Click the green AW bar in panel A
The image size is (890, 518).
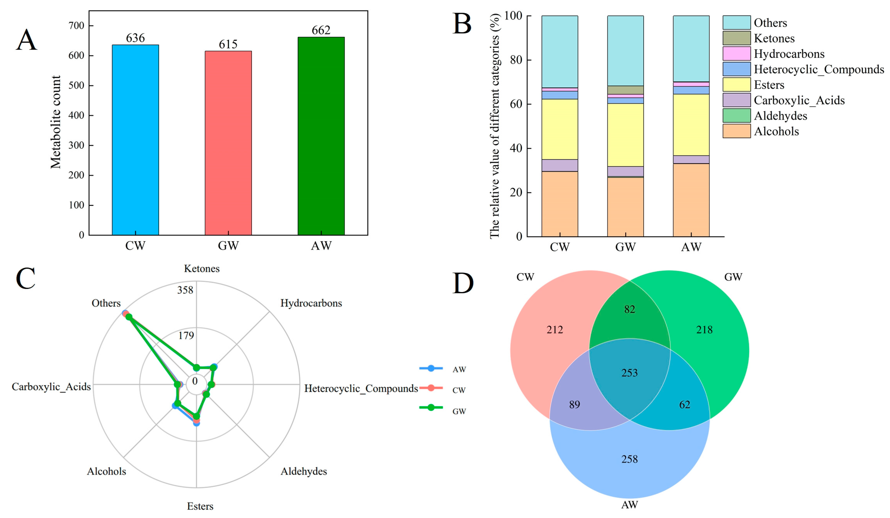click(321, 136)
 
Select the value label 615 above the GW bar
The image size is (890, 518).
click(228, 44)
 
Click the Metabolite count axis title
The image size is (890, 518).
click(56, 122)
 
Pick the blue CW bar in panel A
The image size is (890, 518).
click(135, 140)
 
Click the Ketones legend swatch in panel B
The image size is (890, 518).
click(736, 38)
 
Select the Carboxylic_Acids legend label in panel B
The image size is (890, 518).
click(799, 100)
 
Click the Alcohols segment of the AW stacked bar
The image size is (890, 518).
click(691, 199)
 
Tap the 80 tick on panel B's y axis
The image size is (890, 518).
click(516, 60)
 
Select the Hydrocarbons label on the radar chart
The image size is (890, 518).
click(311, 303)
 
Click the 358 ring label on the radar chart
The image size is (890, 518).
click(185, 290)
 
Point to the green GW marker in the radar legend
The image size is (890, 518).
click(431, 408)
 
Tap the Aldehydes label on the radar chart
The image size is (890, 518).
click(304, 471)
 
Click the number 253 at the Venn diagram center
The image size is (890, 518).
click(629, 373)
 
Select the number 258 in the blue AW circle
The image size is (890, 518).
click(629, 459)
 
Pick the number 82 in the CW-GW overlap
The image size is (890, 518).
click(629, 309)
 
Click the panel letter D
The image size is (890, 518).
click(463, 283)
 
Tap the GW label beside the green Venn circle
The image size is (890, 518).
click(733, 277)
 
